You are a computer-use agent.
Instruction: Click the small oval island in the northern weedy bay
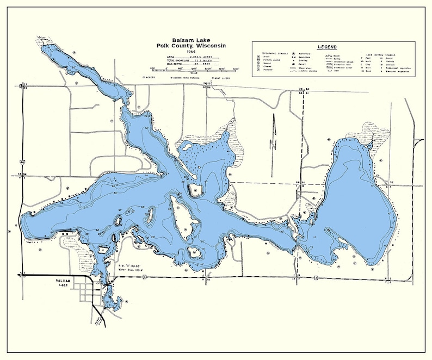[186, 146]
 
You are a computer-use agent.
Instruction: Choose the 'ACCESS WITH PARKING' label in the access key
[191, 78]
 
